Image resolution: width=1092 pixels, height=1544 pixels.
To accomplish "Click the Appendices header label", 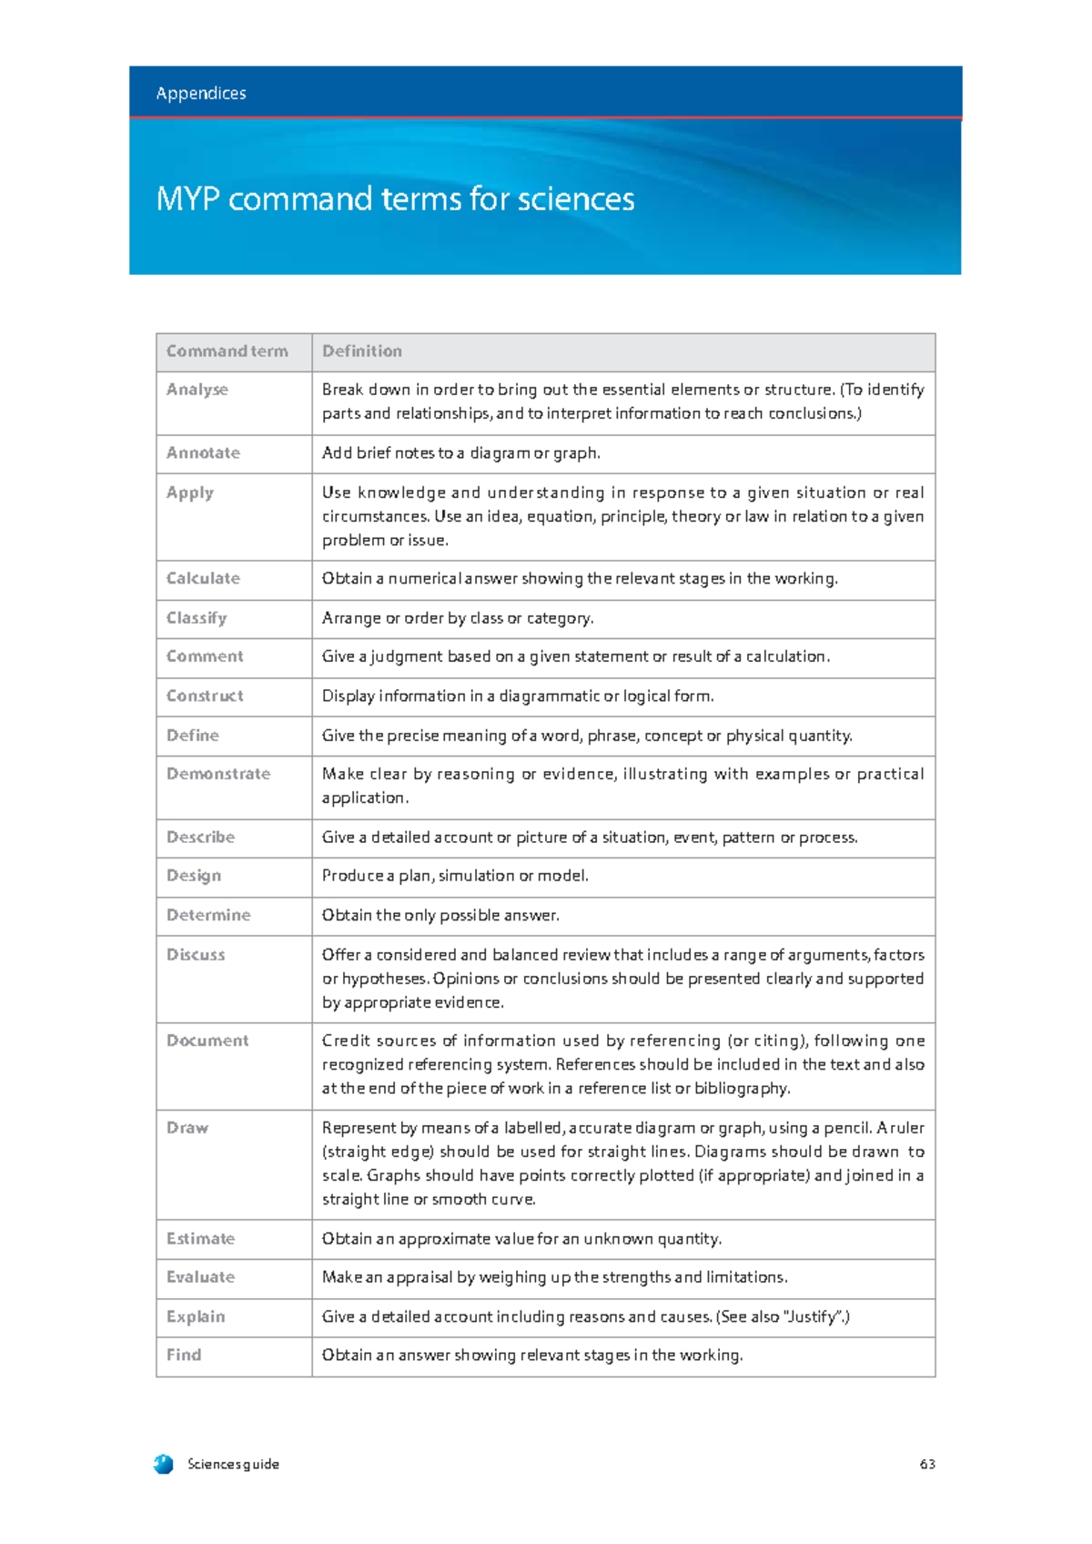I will pos(200,94).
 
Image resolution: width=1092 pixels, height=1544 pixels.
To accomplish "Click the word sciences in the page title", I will pos(575,199).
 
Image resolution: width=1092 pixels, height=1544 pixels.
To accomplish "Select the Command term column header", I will pos(227,351).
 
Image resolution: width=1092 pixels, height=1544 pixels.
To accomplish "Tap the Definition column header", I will pos(361,351).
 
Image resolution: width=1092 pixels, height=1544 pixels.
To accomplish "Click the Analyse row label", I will pos(197,390).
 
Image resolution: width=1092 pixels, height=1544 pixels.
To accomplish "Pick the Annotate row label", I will pos(203,453).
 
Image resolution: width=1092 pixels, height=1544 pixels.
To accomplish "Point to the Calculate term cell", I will pos(203,579).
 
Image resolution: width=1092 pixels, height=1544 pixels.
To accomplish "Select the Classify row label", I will pos(197,618).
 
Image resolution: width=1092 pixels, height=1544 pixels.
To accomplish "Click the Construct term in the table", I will pos(205,696).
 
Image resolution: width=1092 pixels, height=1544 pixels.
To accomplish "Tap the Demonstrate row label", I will pos(218,774).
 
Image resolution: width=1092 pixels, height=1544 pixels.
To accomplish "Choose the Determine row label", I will pos(208,916).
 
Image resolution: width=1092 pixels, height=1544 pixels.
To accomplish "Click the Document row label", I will pos(207,1041).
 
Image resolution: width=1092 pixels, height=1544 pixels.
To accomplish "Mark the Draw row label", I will pos(187,1128).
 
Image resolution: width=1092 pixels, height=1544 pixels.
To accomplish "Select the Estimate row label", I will pos(200,1239).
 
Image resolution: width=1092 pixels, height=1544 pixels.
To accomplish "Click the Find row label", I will pos(184,1356).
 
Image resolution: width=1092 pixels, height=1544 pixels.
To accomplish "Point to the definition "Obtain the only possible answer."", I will pos(440,916).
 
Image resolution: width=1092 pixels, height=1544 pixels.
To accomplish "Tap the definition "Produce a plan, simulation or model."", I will pos(455,876).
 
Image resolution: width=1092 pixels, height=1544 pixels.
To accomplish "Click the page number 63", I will pos(927,1465).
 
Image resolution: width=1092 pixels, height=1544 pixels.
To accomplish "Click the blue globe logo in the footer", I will pos(164,1464).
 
